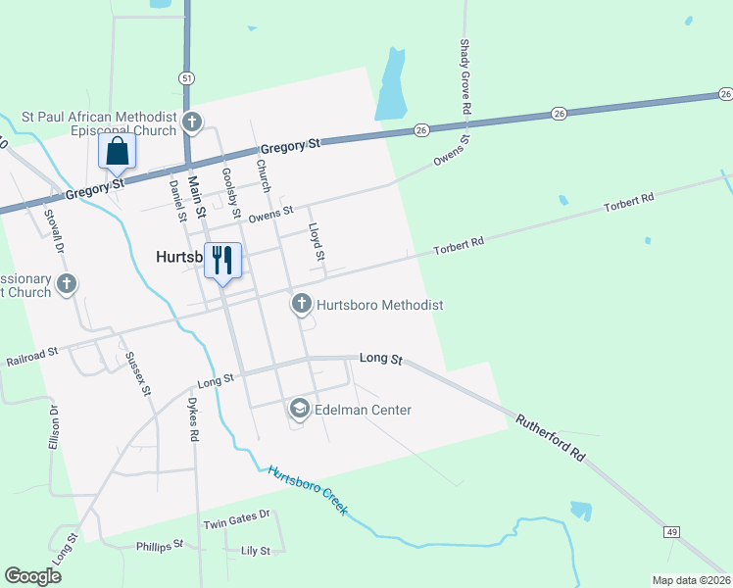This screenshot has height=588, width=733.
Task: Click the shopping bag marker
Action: pyautogui.click(x=118, y=152)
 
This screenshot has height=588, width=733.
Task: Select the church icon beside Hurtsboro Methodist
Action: pyautogui.click(x=302, y=305)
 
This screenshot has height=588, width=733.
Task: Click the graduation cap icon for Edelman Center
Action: pyautogui.click(x=301, y=409)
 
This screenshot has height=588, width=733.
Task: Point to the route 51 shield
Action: pyautogui.click(x=186, y=77)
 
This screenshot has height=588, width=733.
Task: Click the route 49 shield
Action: pyautogui.click(x=671, y=531)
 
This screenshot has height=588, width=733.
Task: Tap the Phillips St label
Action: pyautogui.click(x=160, y=545)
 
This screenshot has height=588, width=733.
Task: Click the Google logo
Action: pyautogui.click(x=32, y=575)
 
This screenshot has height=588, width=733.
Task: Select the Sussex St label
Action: pyautogui.click(x=138, y=373)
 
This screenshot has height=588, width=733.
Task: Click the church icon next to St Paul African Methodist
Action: pyautogui.click(x=192, y=123)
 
